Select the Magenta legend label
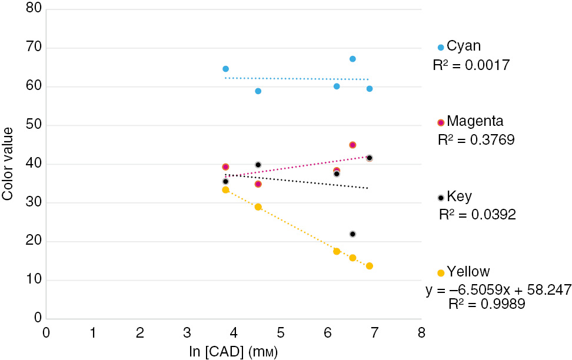pyautogui.click(x=475, y=122)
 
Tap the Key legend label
pyautogui.click(x=459, y=196)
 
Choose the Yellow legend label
pyautogui.click(x=468, y=272)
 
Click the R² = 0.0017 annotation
pyautogui.click(x=471, y=64)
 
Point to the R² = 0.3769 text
pyautogui.click(x=476, y=140)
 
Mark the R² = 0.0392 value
pyautogui.click(x=477, y=215)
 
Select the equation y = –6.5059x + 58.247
pyautogui.click(x=498, y=291)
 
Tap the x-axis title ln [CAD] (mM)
pyautogui.click(x=234, y=351)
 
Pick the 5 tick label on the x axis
pyautogui.click(x=281, y=332)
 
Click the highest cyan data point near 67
pyautogui.click(x=352, y=59)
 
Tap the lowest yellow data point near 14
pyautogui.click(x=369, y=266)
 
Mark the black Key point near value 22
pyautogui.click(x=352, y=234)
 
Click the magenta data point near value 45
pyautogui.click(x=352, y=145)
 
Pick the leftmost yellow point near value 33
pyautogui.click(x=225, y=190)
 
